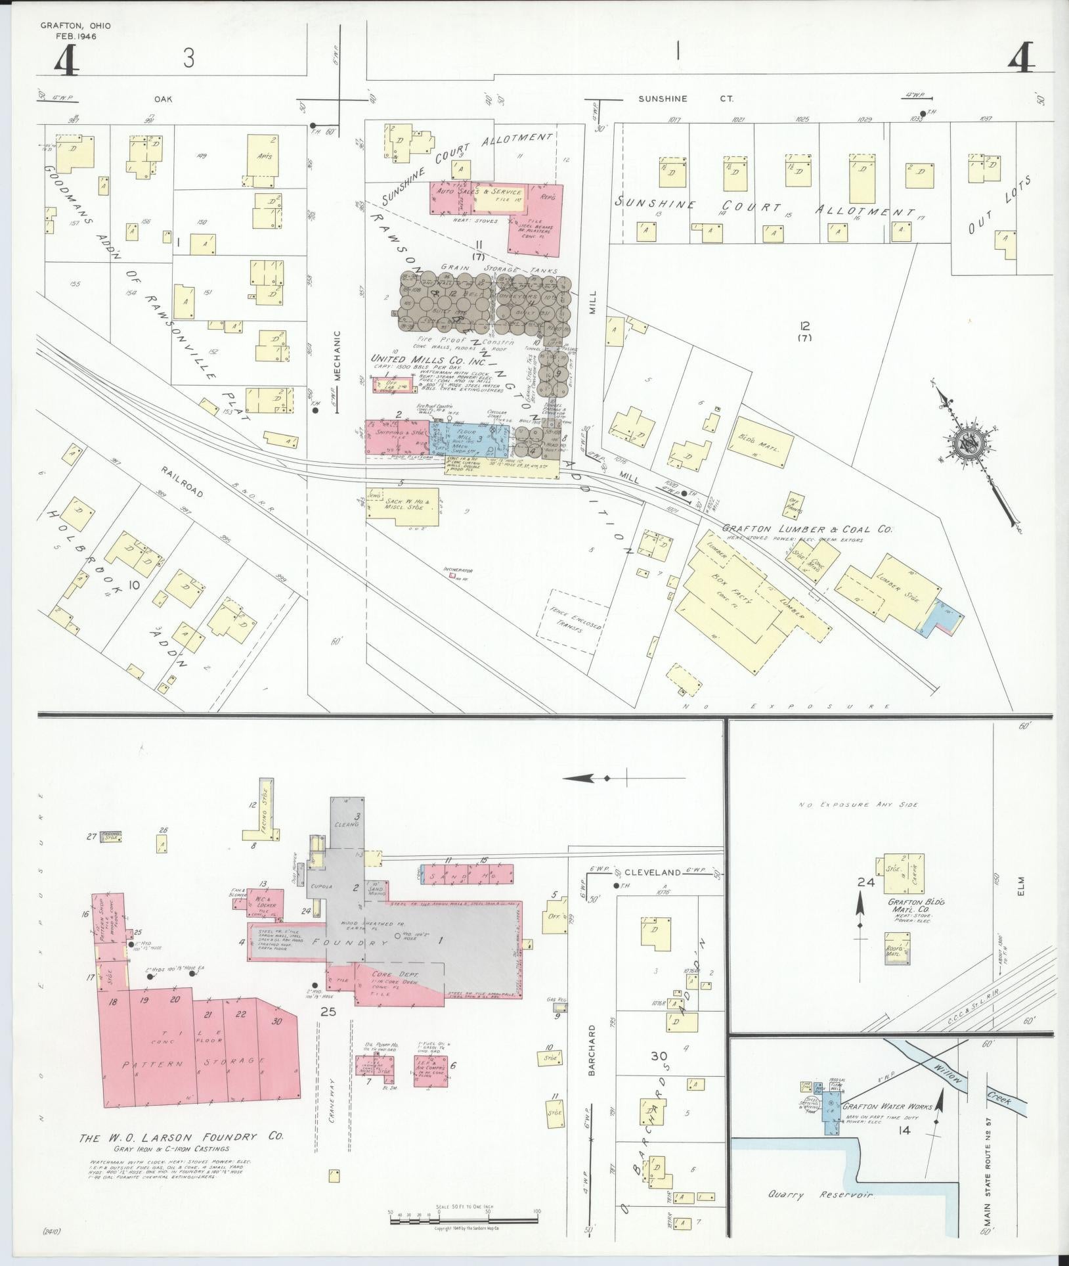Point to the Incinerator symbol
(x=452, y=576)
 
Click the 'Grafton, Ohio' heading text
(x=76, y=26)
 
